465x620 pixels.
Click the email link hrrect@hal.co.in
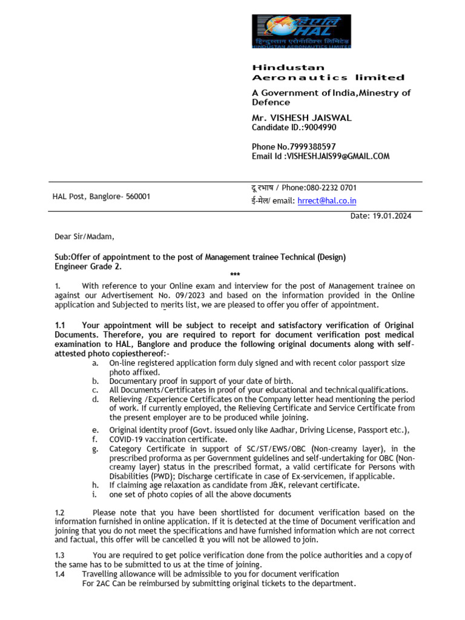326,201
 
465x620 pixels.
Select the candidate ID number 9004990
317,128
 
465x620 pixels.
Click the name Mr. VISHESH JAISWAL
302,118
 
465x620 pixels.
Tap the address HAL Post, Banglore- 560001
102,197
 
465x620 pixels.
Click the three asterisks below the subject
235,275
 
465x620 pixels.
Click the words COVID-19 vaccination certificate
168,439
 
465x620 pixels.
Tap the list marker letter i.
94,494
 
